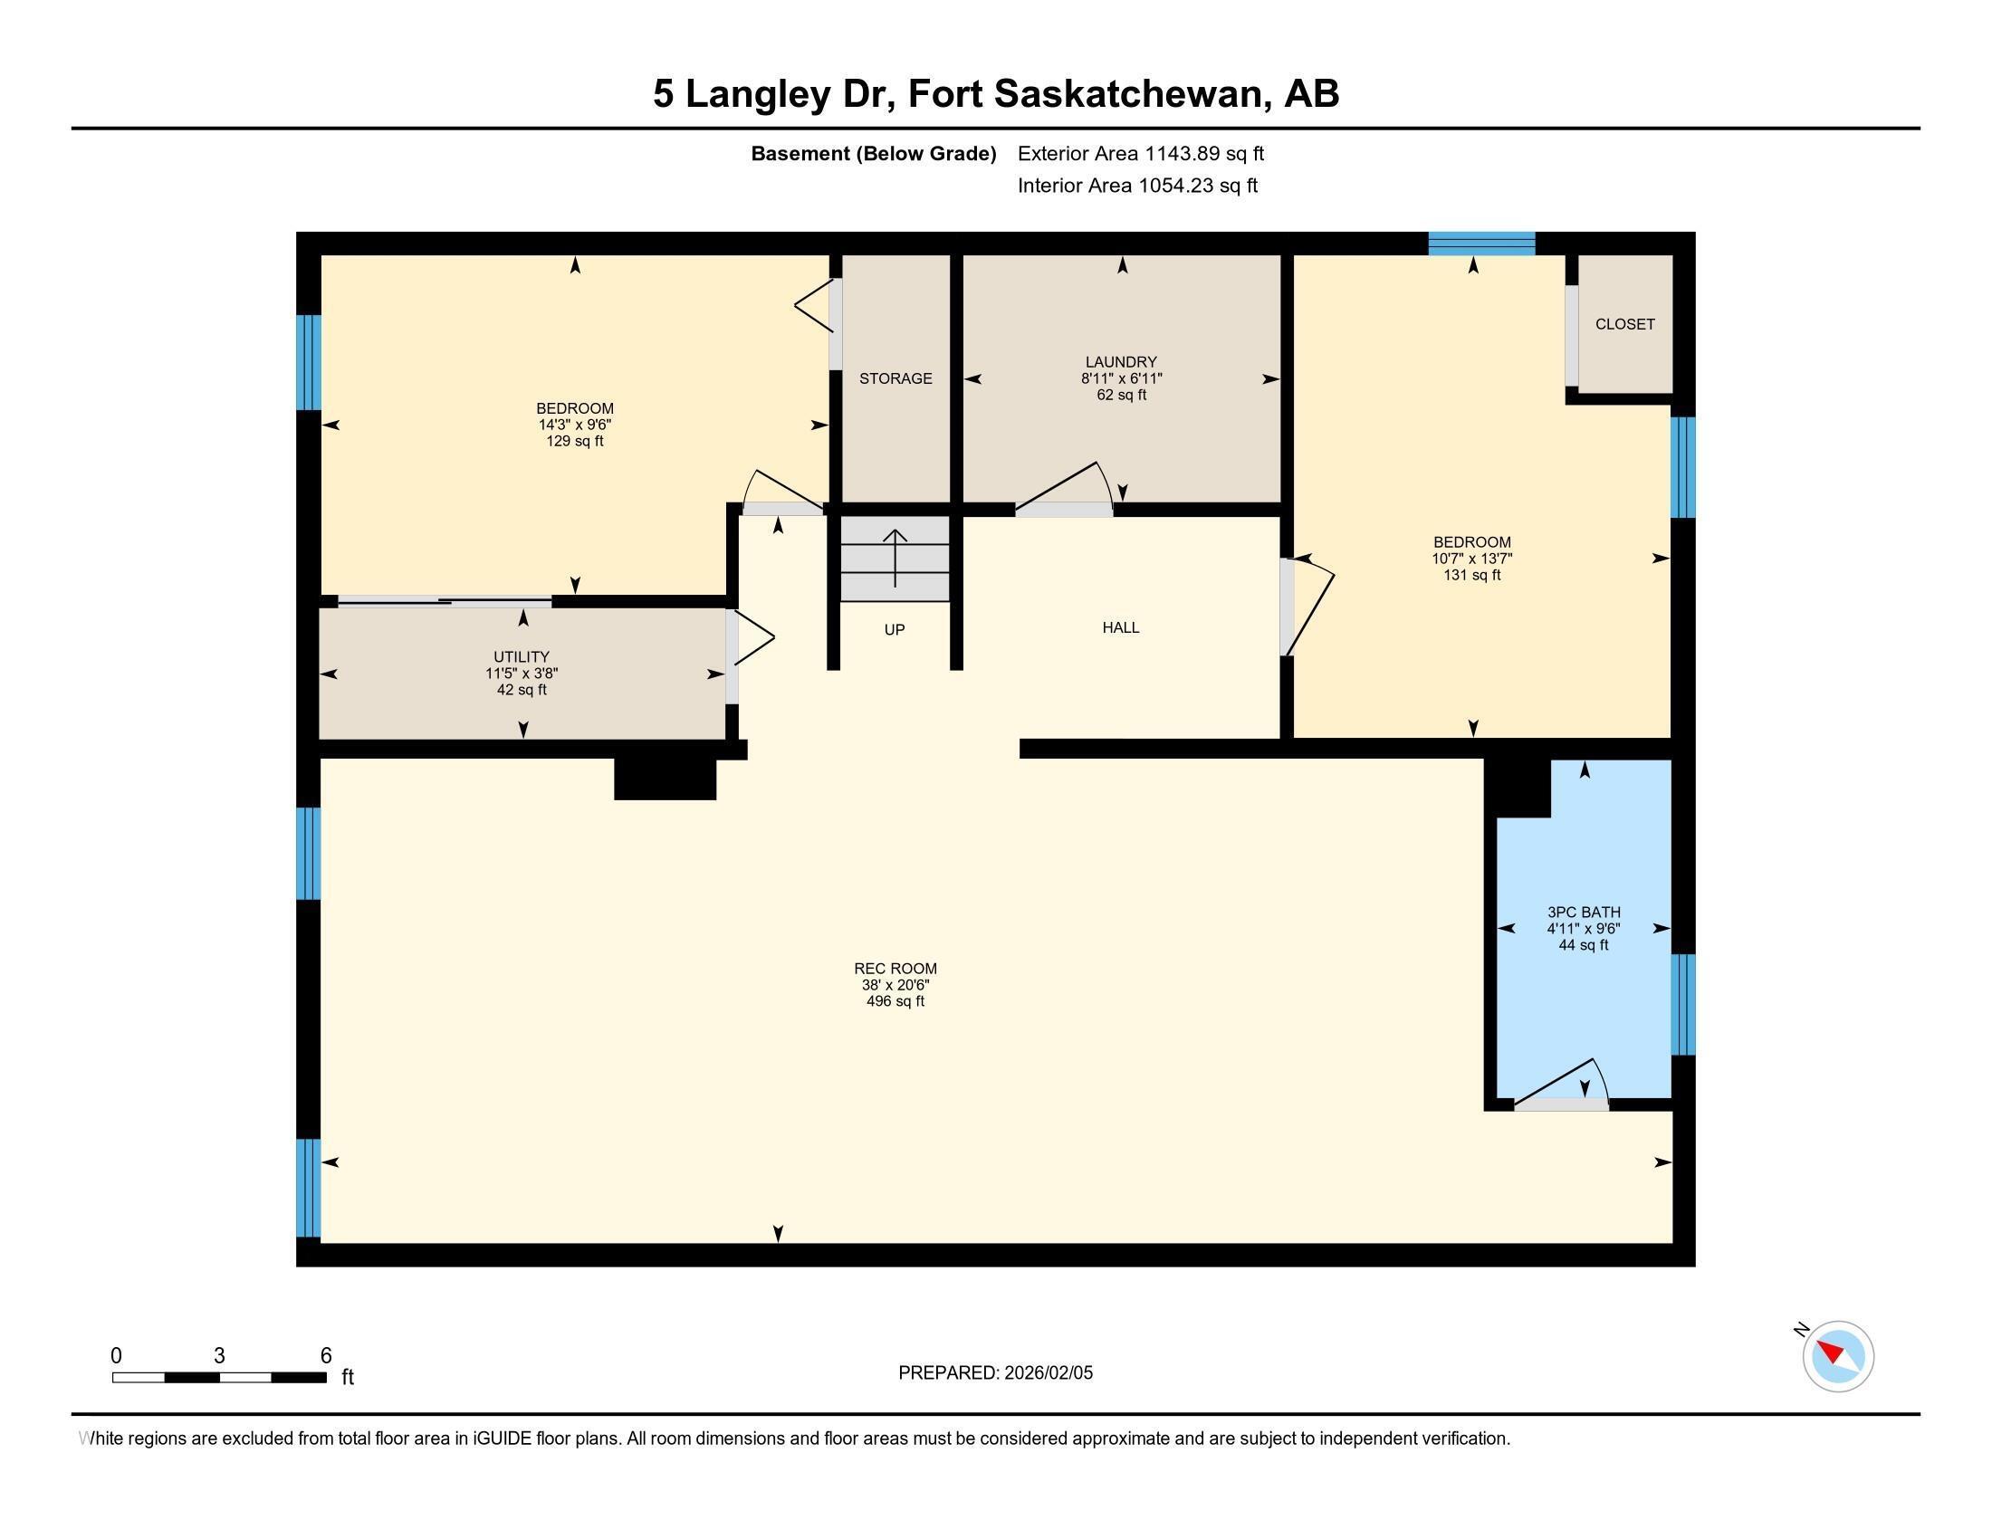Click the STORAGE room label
[895, 378]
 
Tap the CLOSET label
[1624, 324]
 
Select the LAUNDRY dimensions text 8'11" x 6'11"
[1121, 378]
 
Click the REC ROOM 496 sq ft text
[895, 1001]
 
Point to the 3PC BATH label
[1584, 912]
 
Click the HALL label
[1120, 627]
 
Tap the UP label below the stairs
[894, 630]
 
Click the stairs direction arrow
[895, 558]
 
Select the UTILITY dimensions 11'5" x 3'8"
[521, 674]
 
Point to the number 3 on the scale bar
[219, 1356]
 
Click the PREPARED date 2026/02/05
[1047, 1373]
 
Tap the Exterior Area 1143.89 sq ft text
[1140, 153]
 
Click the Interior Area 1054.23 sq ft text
[1136, 186]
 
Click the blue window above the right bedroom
[1481, 244]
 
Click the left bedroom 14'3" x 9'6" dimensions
[574, 425]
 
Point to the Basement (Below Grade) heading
[873, 153]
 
